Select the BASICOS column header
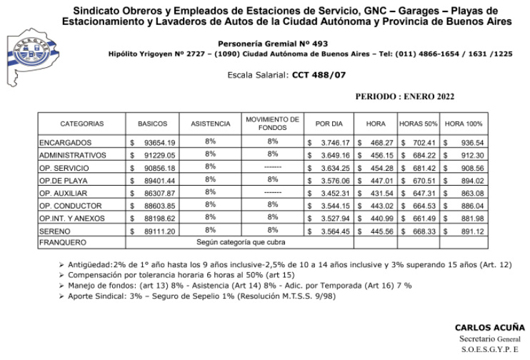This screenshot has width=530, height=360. (152, 123)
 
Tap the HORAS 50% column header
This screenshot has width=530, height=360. (419, 123)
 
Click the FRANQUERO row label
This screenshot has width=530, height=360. (61, 243)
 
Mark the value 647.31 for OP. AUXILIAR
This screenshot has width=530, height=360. (424, 193)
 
